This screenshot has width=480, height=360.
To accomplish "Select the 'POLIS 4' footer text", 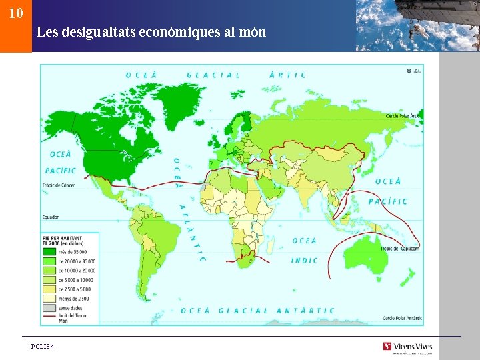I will tap(43, 346).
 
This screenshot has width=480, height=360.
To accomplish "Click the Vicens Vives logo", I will tap(407, 347).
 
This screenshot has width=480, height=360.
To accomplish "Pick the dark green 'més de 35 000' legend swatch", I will tap(49, 252).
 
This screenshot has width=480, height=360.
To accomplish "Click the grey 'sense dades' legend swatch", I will tap(49, 309).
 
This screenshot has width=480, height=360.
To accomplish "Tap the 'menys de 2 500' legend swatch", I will tap(49, 299).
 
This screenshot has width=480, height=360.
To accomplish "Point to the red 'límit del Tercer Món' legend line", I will tap(49, 318).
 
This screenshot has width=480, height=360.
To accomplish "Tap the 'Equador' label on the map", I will tap(51, 217).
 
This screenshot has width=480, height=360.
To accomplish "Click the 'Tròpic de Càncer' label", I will tap(59, 185).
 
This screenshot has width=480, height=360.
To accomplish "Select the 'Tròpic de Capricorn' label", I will tap(400, 248).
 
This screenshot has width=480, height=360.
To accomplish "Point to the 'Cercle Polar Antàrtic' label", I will tap(402, 318).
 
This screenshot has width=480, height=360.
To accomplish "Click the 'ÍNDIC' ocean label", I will tap(305, 260).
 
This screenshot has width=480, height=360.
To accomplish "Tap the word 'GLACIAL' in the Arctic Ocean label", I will tap(213, 75).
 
